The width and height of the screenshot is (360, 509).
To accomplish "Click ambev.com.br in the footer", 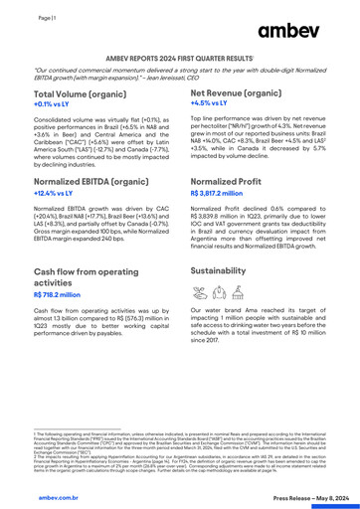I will pos(37,489).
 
